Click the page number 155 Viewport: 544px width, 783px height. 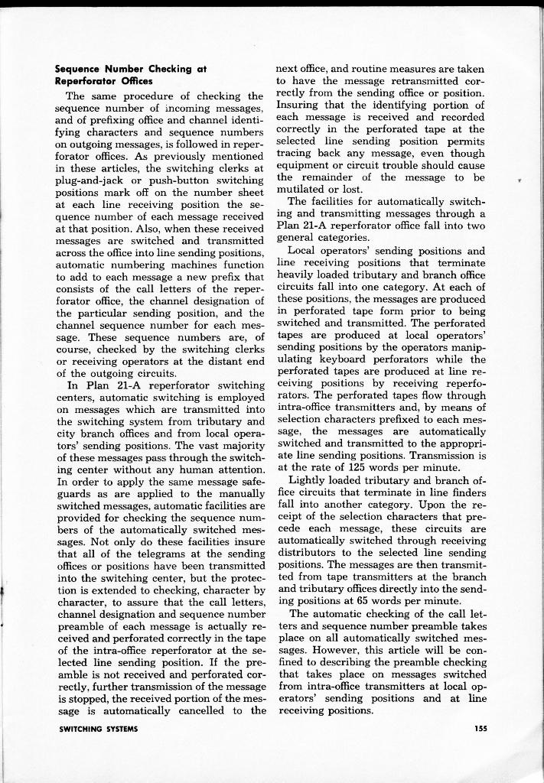pyautogui.click(x=480, y=729)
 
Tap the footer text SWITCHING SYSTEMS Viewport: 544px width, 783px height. pyautogui.click(x=98, y=729)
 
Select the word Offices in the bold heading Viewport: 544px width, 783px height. pyautogui.click(x=136, y=80)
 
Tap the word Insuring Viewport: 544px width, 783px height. pyautogui.click(x=301, y=105)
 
